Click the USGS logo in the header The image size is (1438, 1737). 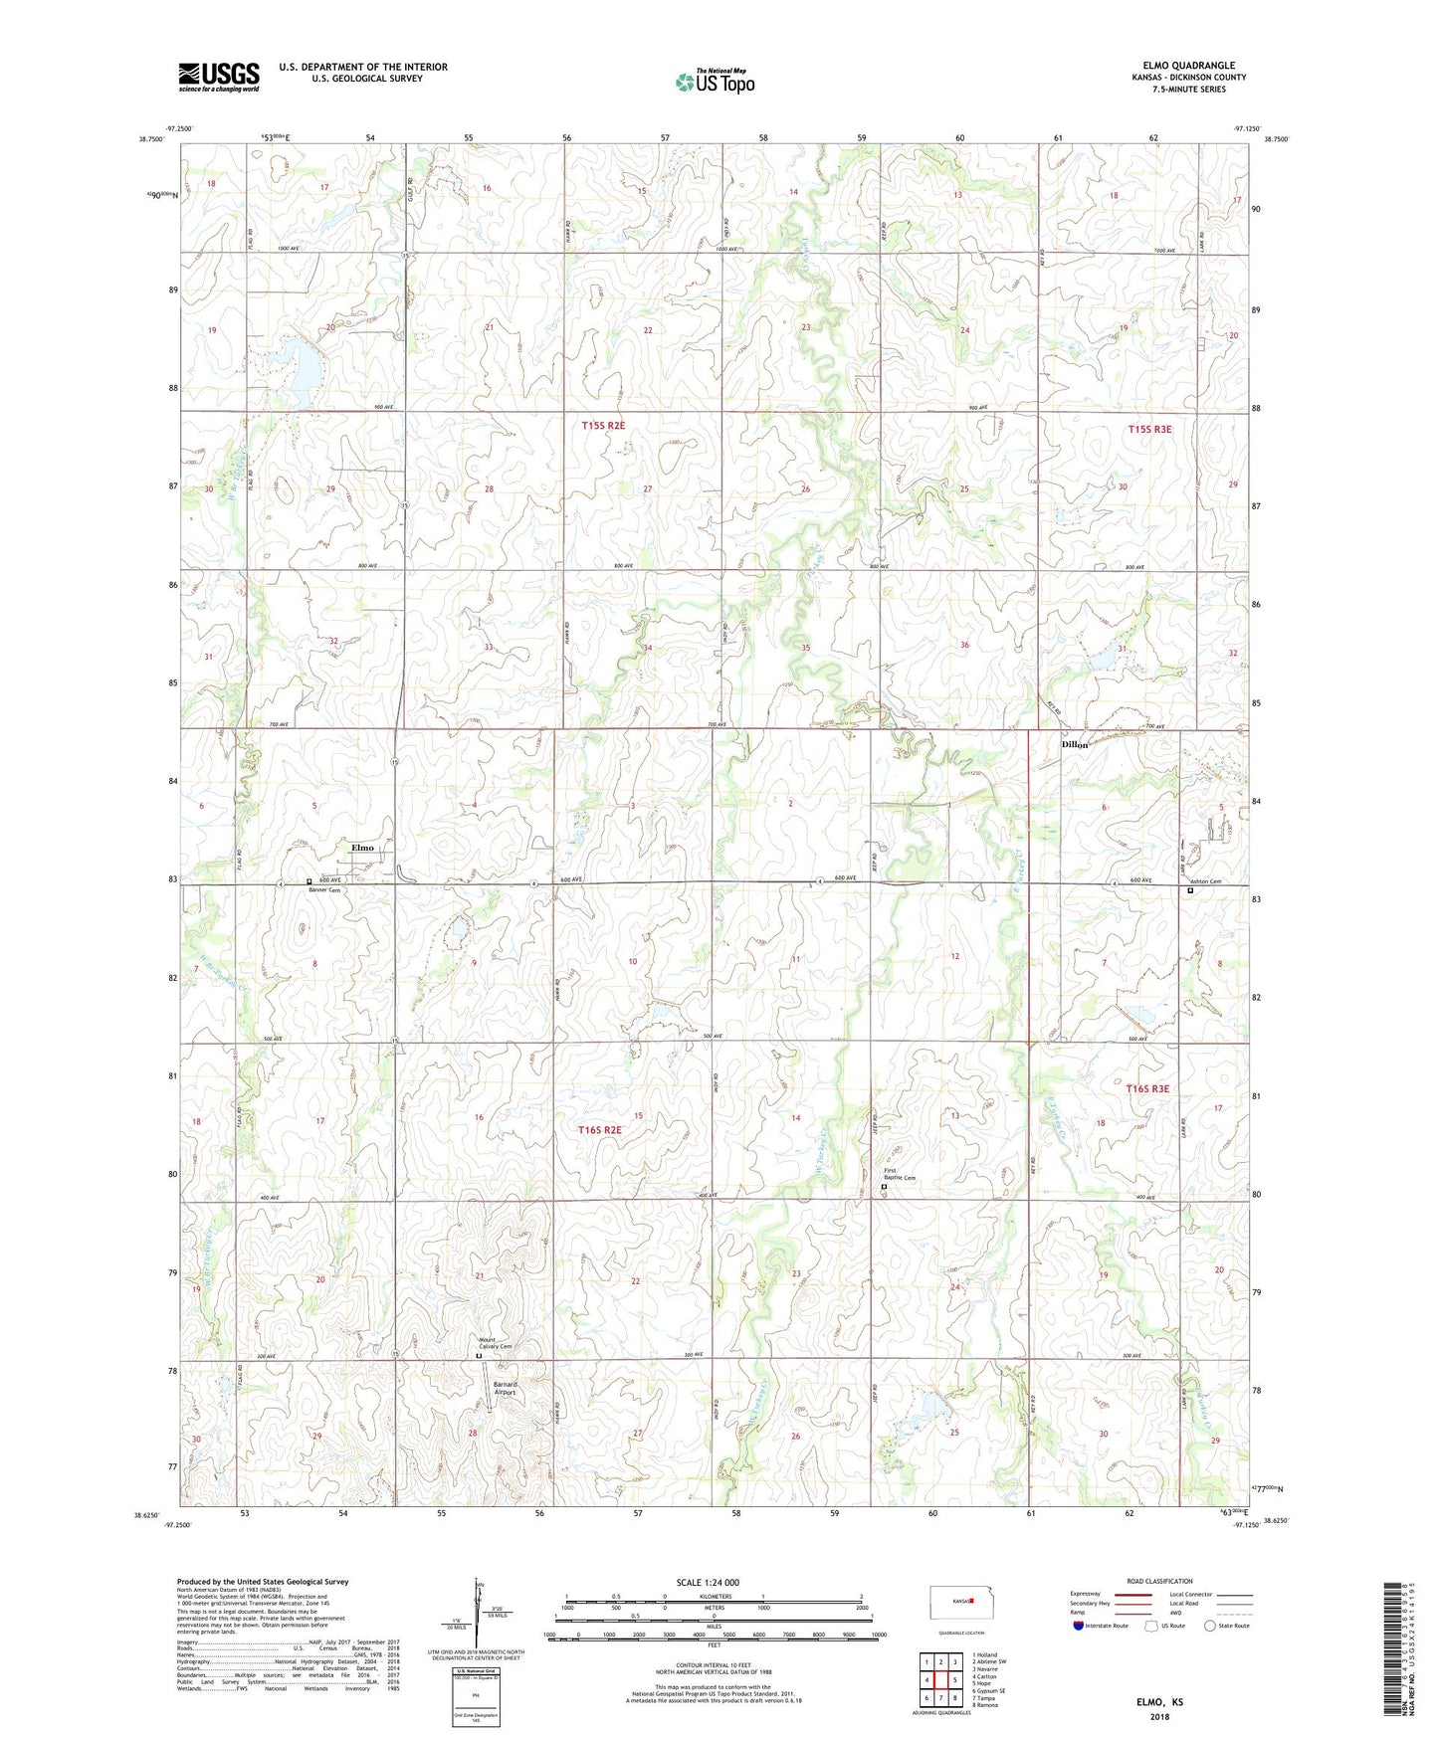pyautogui.click(x=219, y=77)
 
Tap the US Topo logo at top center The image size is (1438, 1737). pyautogui.click(x=715, y=82)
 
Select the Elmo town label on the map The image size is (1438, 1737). pyautogui.click(x=362, y=848)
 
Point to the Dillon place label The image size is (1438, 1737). pyautogui.click(x=1075, y=744)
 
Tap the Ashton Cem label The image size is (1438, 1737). pyautogui.click(x=1204, y=882)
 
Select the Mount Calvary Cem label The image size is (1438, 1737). pyautogui.click(x=495, y=1343)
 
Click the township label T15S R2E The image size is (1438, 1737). pyautogui.click(x=603, y=426)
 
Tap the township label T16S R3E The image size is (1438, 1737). pyautogui.click(x=1147, y=1088)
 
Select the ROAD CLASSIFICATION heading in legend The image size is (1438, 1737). pyautogui.click(x=1158, y=1581)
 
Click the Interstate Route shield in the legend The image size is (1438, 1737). pyautogui.click(x=1079, y=1627)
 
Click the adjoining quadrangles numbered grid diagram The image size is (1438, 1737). pyautogui.click(x=940, y=1677)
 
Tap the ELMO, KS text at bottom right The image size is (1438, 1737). pyautogui.click(x=1159, y=1702)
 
